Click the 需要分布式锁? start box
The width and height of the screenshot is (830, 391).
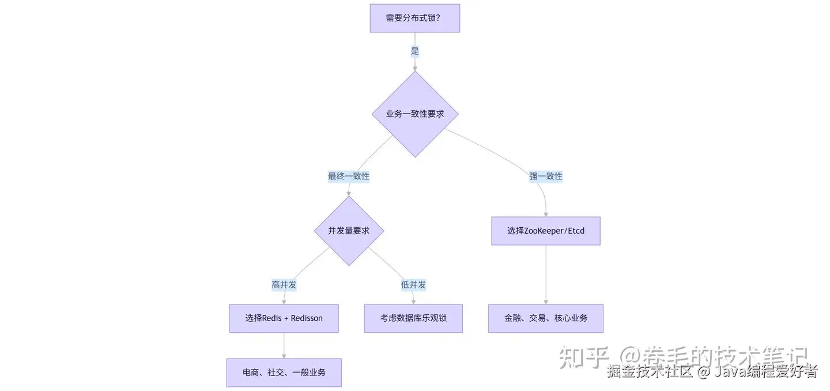point(414,18)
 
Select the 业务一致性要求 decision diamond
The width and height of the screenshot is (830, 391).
point(415,114)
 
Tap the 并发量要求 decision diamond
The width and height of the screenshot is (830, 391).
point(349,231)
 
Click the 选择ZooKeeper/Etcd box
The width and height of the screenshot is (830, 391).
point(545,231)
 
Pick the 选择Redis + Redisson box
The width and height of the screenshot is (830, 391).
point(284,318)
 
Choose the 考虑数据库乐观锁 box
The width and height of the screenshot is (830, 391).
point(413,318)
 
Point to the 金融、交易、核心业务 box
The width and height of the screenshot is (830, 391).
point(545,318)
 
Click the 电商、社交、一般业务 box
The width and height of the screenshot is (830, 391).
point(284,373)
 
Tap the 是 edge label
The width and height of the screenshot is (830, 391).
point(415,51)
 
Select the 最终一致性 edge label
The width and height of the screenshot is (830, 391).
point(349,176)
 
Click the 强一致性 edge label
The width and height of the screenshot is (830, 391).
point(545,176)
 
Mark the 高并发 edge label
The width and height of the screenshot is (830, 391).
point(284,285)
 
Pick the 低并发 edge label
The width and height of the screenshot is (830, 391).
point(413,285)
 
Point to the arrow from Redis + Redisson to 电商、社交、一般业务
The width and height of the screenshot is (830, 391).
point(284,345)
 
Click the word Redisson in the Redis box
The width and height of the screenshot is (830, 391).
point(307,318)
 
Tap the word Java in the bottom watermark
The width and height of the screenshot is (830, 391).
point(730,372)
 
